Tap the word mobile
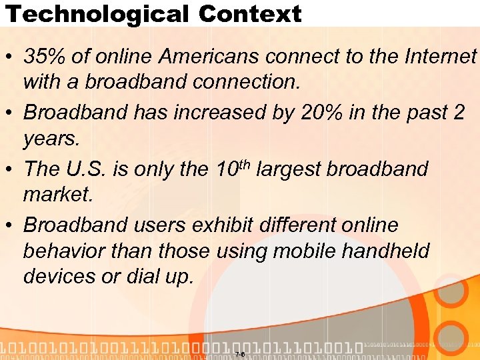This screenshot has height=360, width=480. pyautogui.click(x=317, y=252)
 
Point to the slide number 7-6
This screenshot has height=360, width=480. pyautogui.click(x=240, y=354)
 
